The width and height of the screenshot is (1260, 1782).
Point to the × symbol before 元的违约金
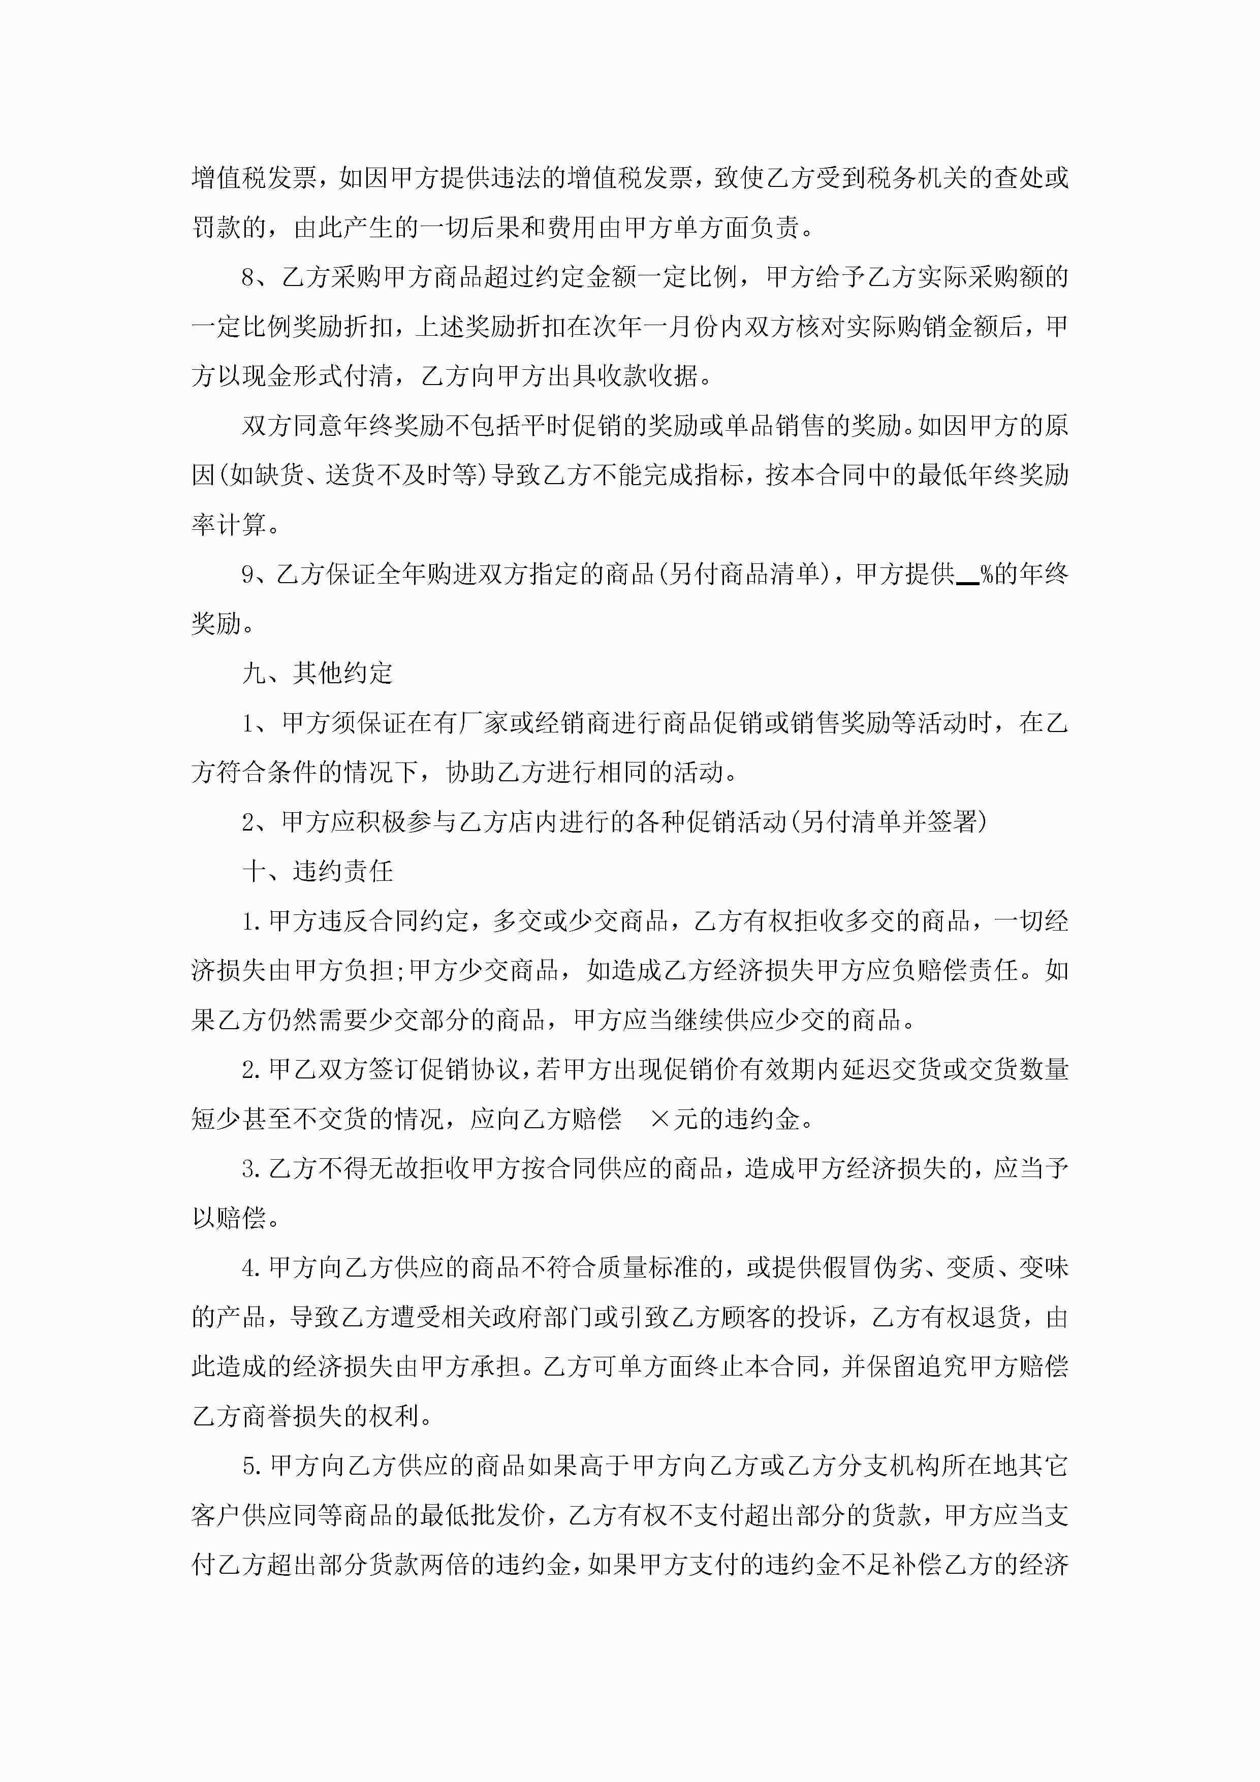[x=660, y=1119]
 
